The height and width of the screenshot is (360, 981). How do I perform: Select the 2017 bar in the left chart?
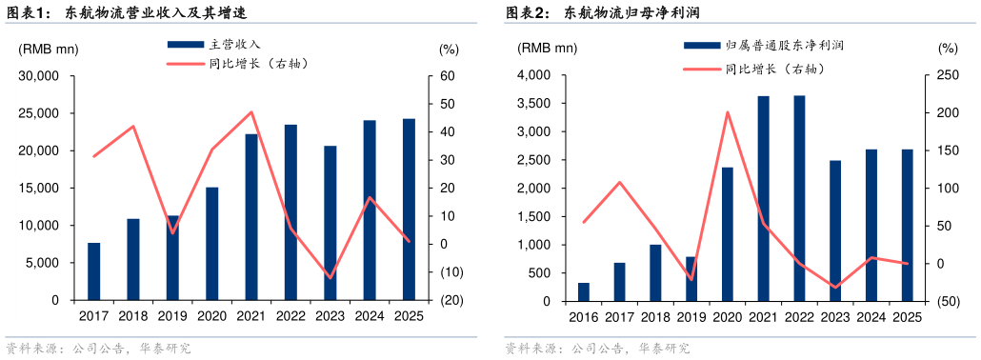94,271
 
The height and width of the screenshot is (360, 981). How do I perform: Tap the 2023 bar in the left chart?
330,223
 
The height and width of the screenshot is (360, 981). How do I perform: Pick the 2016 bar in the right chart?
584,291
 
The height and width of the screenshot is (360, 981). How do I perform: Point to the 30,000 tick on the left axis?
40,76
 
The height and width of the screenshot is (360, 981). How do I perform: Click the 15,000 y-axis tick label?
40,189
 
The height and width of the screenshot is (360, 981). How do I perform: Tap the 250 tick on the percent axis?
947,76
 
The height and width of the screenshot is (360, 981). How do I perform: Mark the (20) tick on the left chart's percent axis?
452,301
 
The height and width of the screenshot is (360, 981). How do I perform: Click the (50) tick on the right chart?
947,302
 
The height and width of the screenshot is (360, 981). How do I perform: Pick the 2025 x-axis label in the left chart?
408,316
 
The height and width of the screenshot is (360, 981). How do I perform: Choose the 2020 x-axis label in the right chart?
727,317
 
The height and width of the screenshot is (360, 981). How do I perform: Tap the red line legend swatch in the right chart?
700,69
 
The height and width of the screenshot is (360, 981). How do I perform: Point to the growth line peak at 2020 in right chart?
727,112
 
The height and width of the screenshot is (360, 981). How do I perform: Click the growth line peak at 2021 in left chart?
251,112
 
